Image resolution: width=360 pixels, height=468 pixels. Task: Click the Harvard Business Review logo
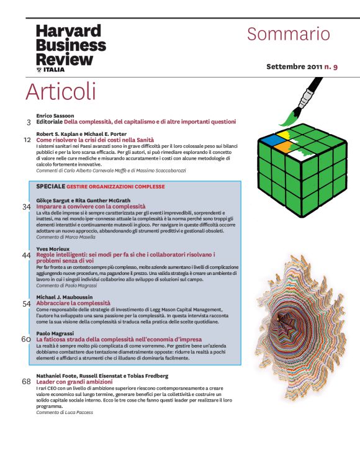pos(71,48)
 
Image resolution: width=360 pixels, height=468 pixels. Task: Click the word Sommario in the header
pos(289,34)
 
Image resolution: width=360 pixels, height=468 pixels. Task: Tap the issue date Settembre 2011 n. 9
pos(302,66)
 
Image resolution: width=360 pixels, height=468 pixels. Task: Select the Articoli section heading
pos(61,91)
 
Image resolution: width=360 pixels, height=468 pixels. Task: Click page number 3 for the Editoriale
pos(29,122)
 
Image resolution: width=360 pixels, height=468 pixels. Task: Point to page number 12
pos(27,140)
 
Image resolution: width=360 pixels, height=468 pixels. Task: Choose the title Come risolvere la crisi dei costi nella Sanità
pos(95,140)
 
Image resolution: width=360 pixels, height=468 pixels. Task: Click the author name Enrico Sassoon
pos(55,115)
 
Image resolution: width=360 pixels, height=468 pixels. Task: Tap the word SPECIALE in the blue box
pos(50,186)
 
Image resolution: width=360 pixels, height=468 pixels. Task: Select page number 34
pos(27,207)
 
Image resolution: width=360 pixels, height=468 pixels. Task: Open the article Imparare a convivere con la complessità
pos(91,207)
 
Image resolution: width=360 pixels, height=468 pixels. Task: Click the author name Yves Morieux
pos(53,249)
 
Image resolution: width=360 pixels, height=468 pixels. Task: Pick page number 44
pos(27,255)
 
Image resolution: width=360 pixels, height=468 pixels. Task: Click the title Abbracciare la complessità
pos(73,304)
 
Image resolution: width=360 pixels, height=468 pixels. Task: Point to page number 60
pos(26,340)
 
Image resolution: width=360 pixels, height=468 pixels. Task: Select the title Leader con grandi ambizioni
pos(74,382)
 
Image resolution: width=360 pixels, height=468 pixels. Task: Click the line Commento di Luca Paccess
pos(65,412)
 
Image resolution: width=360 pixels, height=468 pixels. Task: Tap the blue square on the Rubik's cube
pos(269,139)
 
